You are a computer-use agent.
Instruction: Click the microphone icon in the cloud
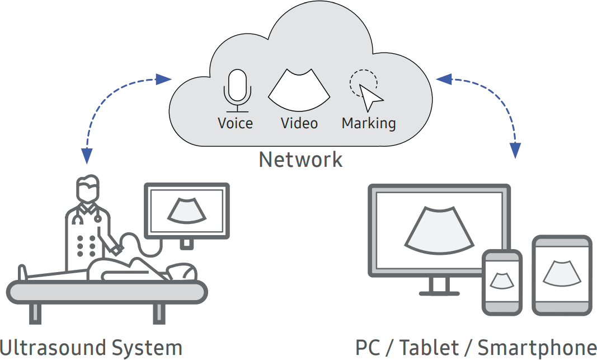coord(238,91)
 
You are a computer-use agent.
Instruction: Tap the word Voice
coord(236,123)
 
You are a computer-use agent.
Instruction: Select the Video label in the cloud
coord(299,123)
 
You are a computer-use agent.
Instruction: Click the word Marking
coord(369,124)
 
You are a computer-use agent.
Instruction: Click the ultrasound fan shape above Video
coord(299,90)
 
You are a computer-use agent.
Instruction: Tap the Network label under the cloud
coord(300,159)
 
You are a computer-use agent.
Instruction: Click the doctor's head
coord(88,189)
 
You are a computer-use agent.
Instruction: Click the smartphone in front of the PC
coord(502,283)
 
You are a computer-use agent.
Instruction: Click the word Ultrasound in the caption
coord(51,348)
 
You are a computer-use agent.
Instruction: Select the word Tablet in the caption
coord(429,348)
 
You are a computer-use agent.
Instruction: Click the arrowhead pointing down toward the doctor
coord(87,156)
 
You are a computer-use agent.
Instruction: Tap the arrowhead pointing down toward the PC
coord(515,150)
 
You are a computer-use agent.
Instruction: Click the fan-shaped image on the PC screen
coord(439,231)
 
